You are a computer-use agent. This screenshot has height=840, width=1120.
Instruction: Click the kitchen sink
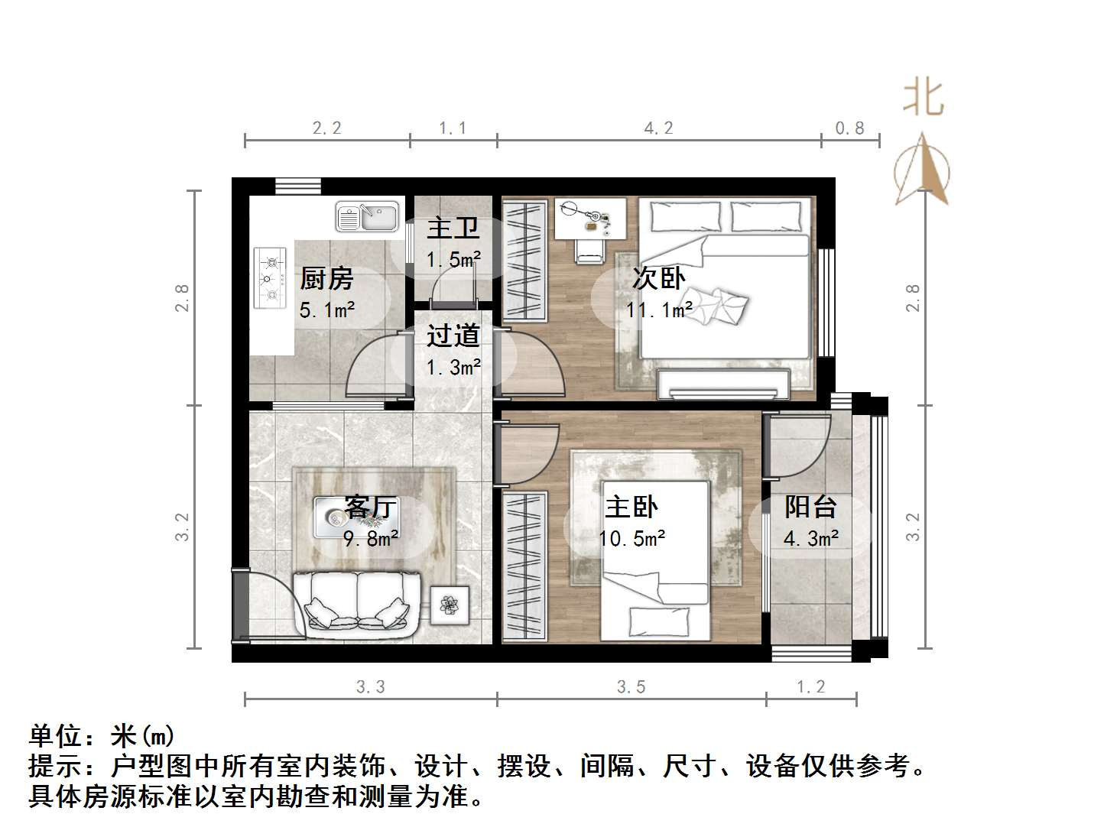pyautogui.click(x=368, y=216)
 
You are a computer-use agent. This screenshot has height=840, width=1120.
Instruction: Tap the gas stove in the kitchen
pyautogui.click(x=269, y=277)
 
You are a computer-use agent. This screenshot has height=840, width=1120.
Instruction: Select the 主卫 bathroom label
pyautogui.click(x=453, y=228)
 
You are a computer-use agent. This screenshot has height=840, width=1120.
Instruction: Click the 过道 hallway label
pyautogui.click(x=453, y=336)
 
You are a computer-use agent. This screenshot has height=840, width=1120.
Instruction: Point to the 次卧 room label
pyautogui.click(x=658, y=278)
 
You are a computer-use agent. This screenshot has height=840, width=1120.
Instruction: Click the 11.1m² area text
pyautogui.click(x=659, y=310)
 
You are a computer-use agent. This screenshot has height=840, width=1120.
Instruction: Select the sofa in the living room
pyautogui.click(x=356, y=605)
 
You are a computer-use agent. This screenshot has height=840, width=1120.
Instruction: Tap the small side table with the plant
pyautogui.click(x=450, y=605)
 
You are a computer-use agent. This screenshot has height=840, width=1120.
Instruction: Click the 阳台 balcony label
pyautogui.click(x=810, y=507)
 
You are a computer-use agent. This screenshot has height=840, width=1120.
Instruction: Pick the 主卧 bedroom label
pyautogui.click(x=631, y=507)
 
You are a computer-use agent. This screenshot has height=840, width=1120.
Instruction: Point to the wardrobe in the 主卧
pyautogui.click(x=524, y=565)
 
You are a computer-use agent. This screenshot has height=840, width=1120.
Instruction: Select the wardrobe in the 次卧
pyautogui.click(x=524, y=261)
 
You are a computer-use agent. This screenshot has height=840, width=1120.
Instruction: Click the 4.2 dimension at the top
pyautogui.click(x=658, y=128)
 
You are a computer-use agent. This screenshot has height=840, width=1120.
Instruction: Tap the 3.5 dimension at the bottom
pyautogui.click(x=631, y=687)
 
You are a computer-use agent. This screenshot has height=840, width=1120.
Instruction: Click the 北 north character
pyautogui.click(x=923, y=98)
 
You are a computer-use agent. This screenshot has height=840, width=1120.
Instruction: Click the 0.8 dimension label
pyautogui.click(x=849, y=128)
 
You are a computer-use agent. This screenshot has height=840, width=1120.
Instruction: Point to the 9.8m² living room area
pyautogui.click(x=371, y=539)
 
